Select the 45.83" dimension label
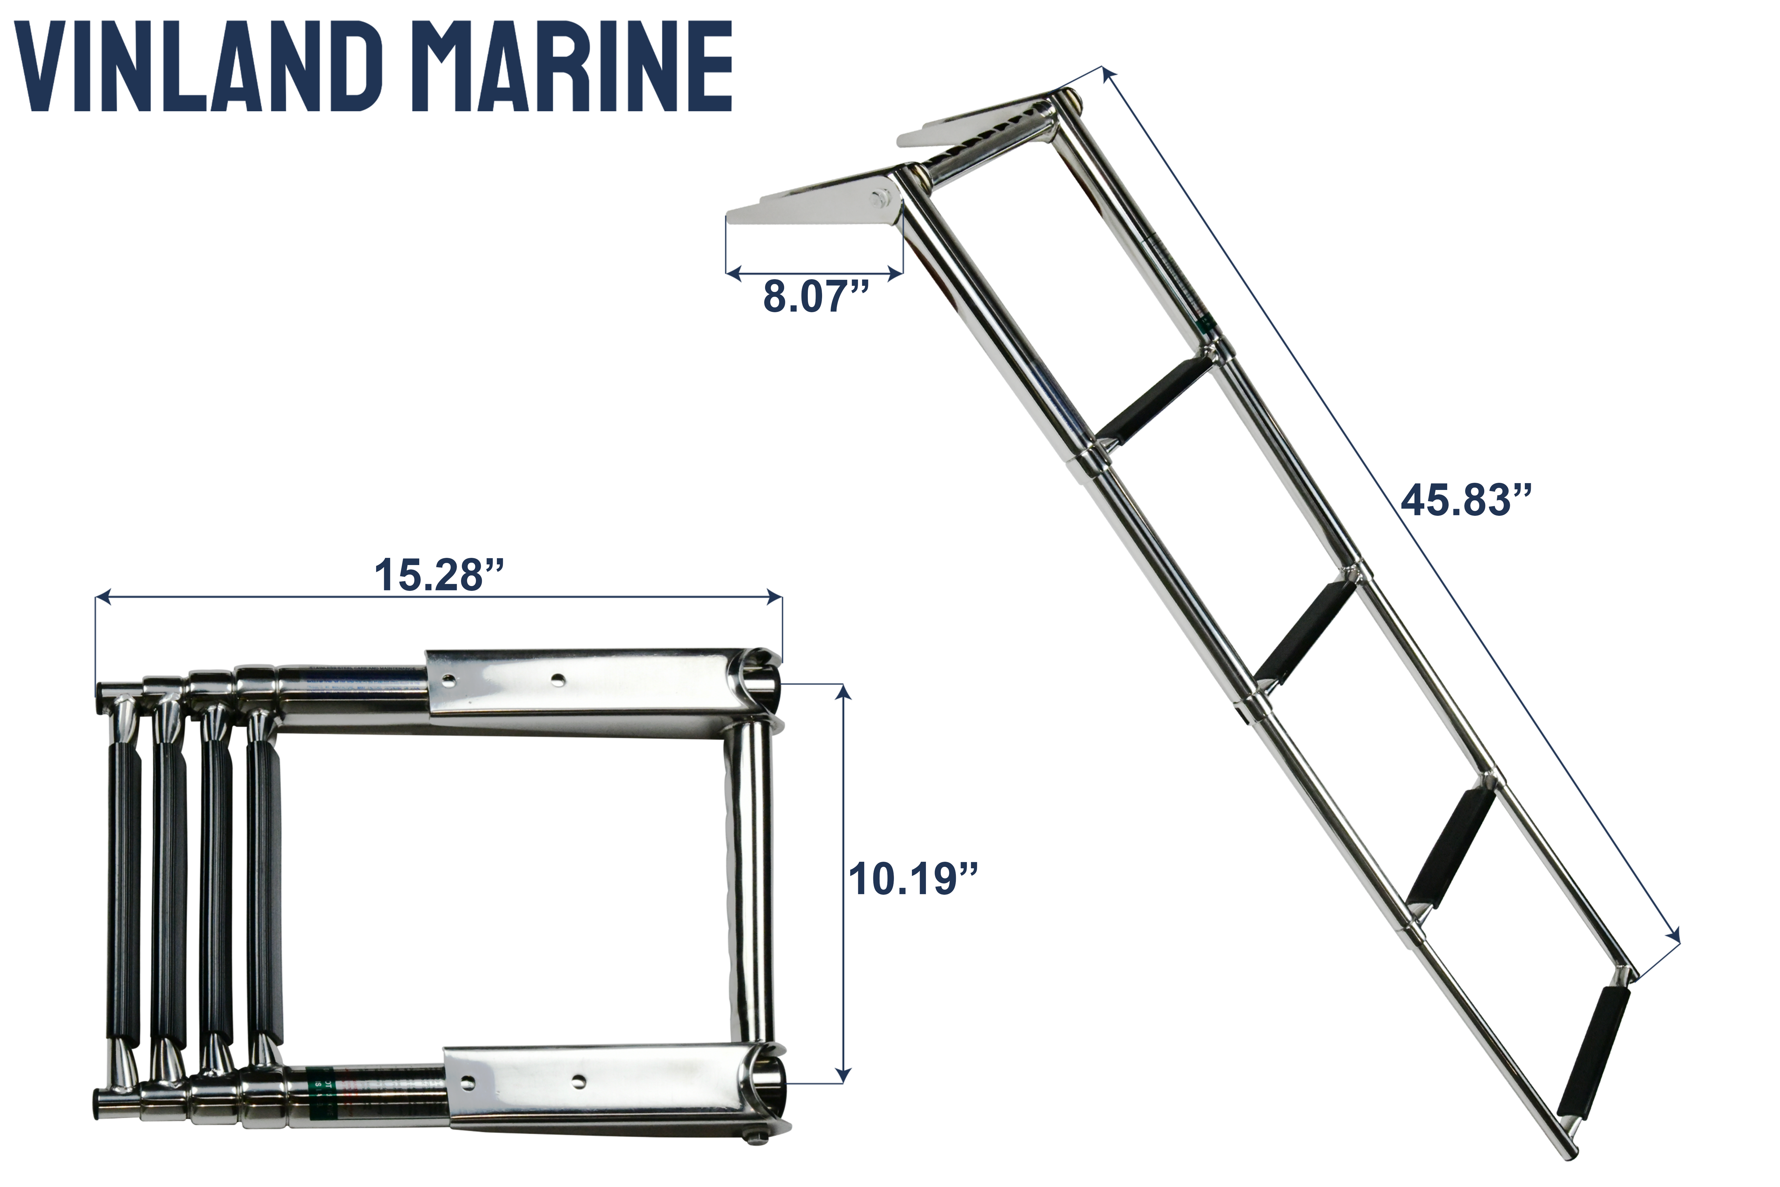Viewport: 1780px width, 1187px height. (x=1466, y=500)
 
